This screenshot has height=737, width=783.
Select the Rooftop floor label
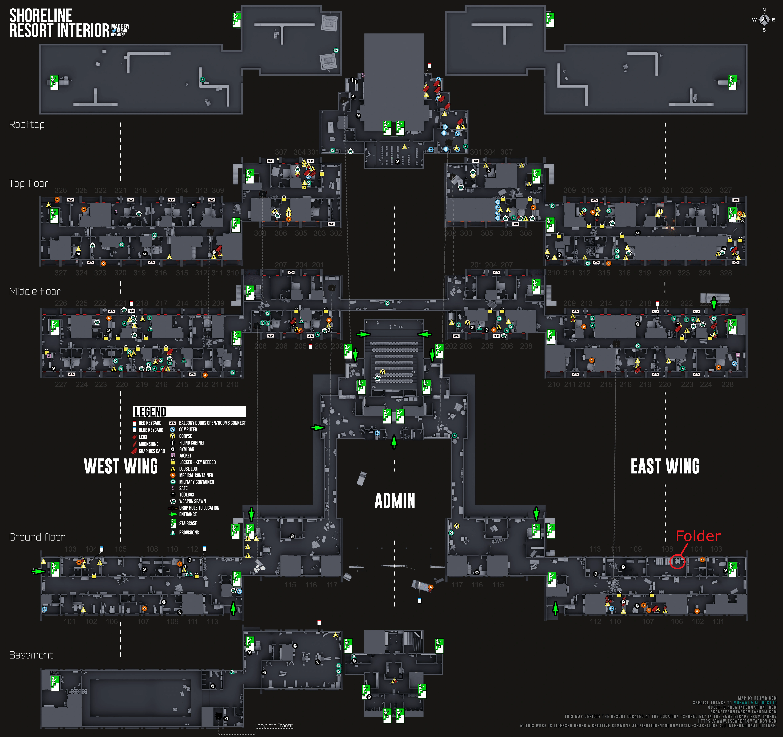coord(27,125)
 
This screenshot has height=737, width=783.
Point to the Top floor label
coord(29,183)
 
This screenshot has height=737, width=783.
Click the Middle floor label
coord(35,292)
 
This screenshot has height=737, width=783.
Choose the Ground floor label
coord(37,537)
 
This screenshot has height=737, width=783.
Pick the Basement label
coord(31,655)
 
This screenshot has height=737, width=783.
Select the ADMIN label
coord(395,501)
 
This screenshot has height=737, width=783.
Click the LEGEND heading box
coord(189,412)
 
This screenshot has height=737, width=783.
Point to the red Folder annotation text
coord(698,536)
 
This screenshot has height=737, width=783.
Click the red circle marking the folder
coord(677,562)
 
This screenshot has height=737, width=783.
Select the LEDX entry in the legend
coord(143,437)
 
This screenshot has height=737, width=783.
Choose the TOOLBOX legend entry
coord(187,495)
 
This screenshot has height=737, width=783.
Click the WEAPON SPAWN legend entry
coord(192,501)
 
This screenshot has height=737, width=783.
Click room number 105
coord(120,549)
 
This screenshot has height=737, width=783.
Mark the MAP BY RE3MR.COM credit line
coord(757,698)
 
